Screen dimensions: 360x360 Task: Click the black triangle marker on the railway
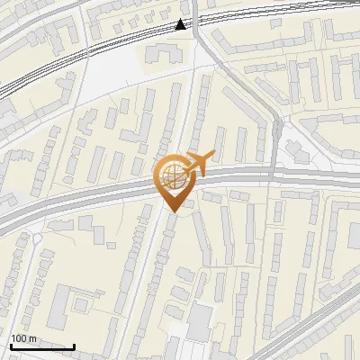coord(182,25)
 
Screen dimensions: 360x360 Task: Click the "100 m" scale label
coord(22,338)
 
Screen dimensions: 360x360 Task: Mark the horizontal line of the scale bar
coord(42,346)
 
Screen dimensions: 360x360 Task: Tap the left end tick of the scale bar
coord(11,345)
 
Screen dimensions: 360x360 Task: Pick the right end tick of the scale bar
coord(74,345)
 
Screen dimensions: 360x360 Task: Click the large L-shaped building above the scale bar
coord(61,306)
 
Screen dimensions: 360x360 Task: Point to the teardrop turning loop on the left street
coord(36,239)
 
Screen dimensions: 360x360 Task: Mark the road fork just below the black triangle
coord(197,40)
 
